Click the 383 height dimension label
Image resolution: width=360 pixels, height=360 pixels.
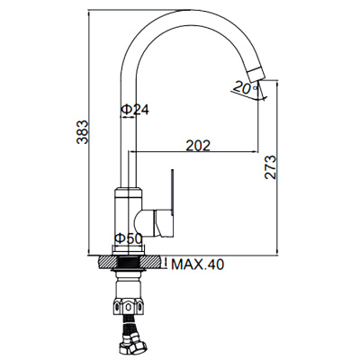[82, 132]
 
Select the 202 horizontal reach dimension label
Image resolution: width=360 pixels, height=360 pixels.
[198, 146]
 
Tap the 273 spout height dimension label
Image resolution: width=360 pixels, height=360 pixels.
[270, 167]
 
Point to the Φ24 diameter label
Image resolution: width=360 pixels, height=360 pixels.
[135, 110]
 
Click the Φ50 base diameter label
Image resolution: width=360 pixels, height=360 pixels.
[128, 238]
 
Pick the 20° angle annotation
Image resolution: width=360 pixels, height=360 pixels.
[245, 88]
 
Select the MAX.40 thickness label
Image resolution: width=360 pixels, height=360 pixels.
[197, 265]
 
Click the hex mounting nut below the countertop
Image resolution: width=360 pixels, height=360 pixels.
[128, 306]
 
